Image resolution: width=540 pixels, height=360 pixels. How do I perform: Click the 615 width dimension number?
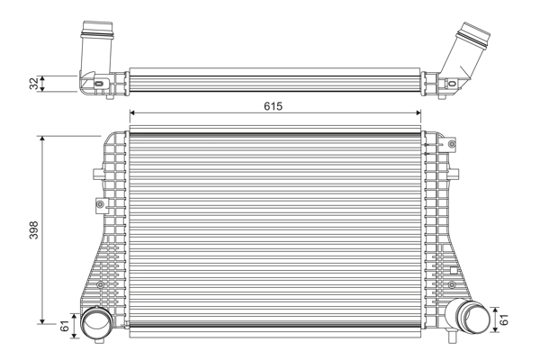274,106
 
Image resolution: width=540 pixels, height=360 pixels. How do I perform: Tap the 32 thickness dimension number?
34,83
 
